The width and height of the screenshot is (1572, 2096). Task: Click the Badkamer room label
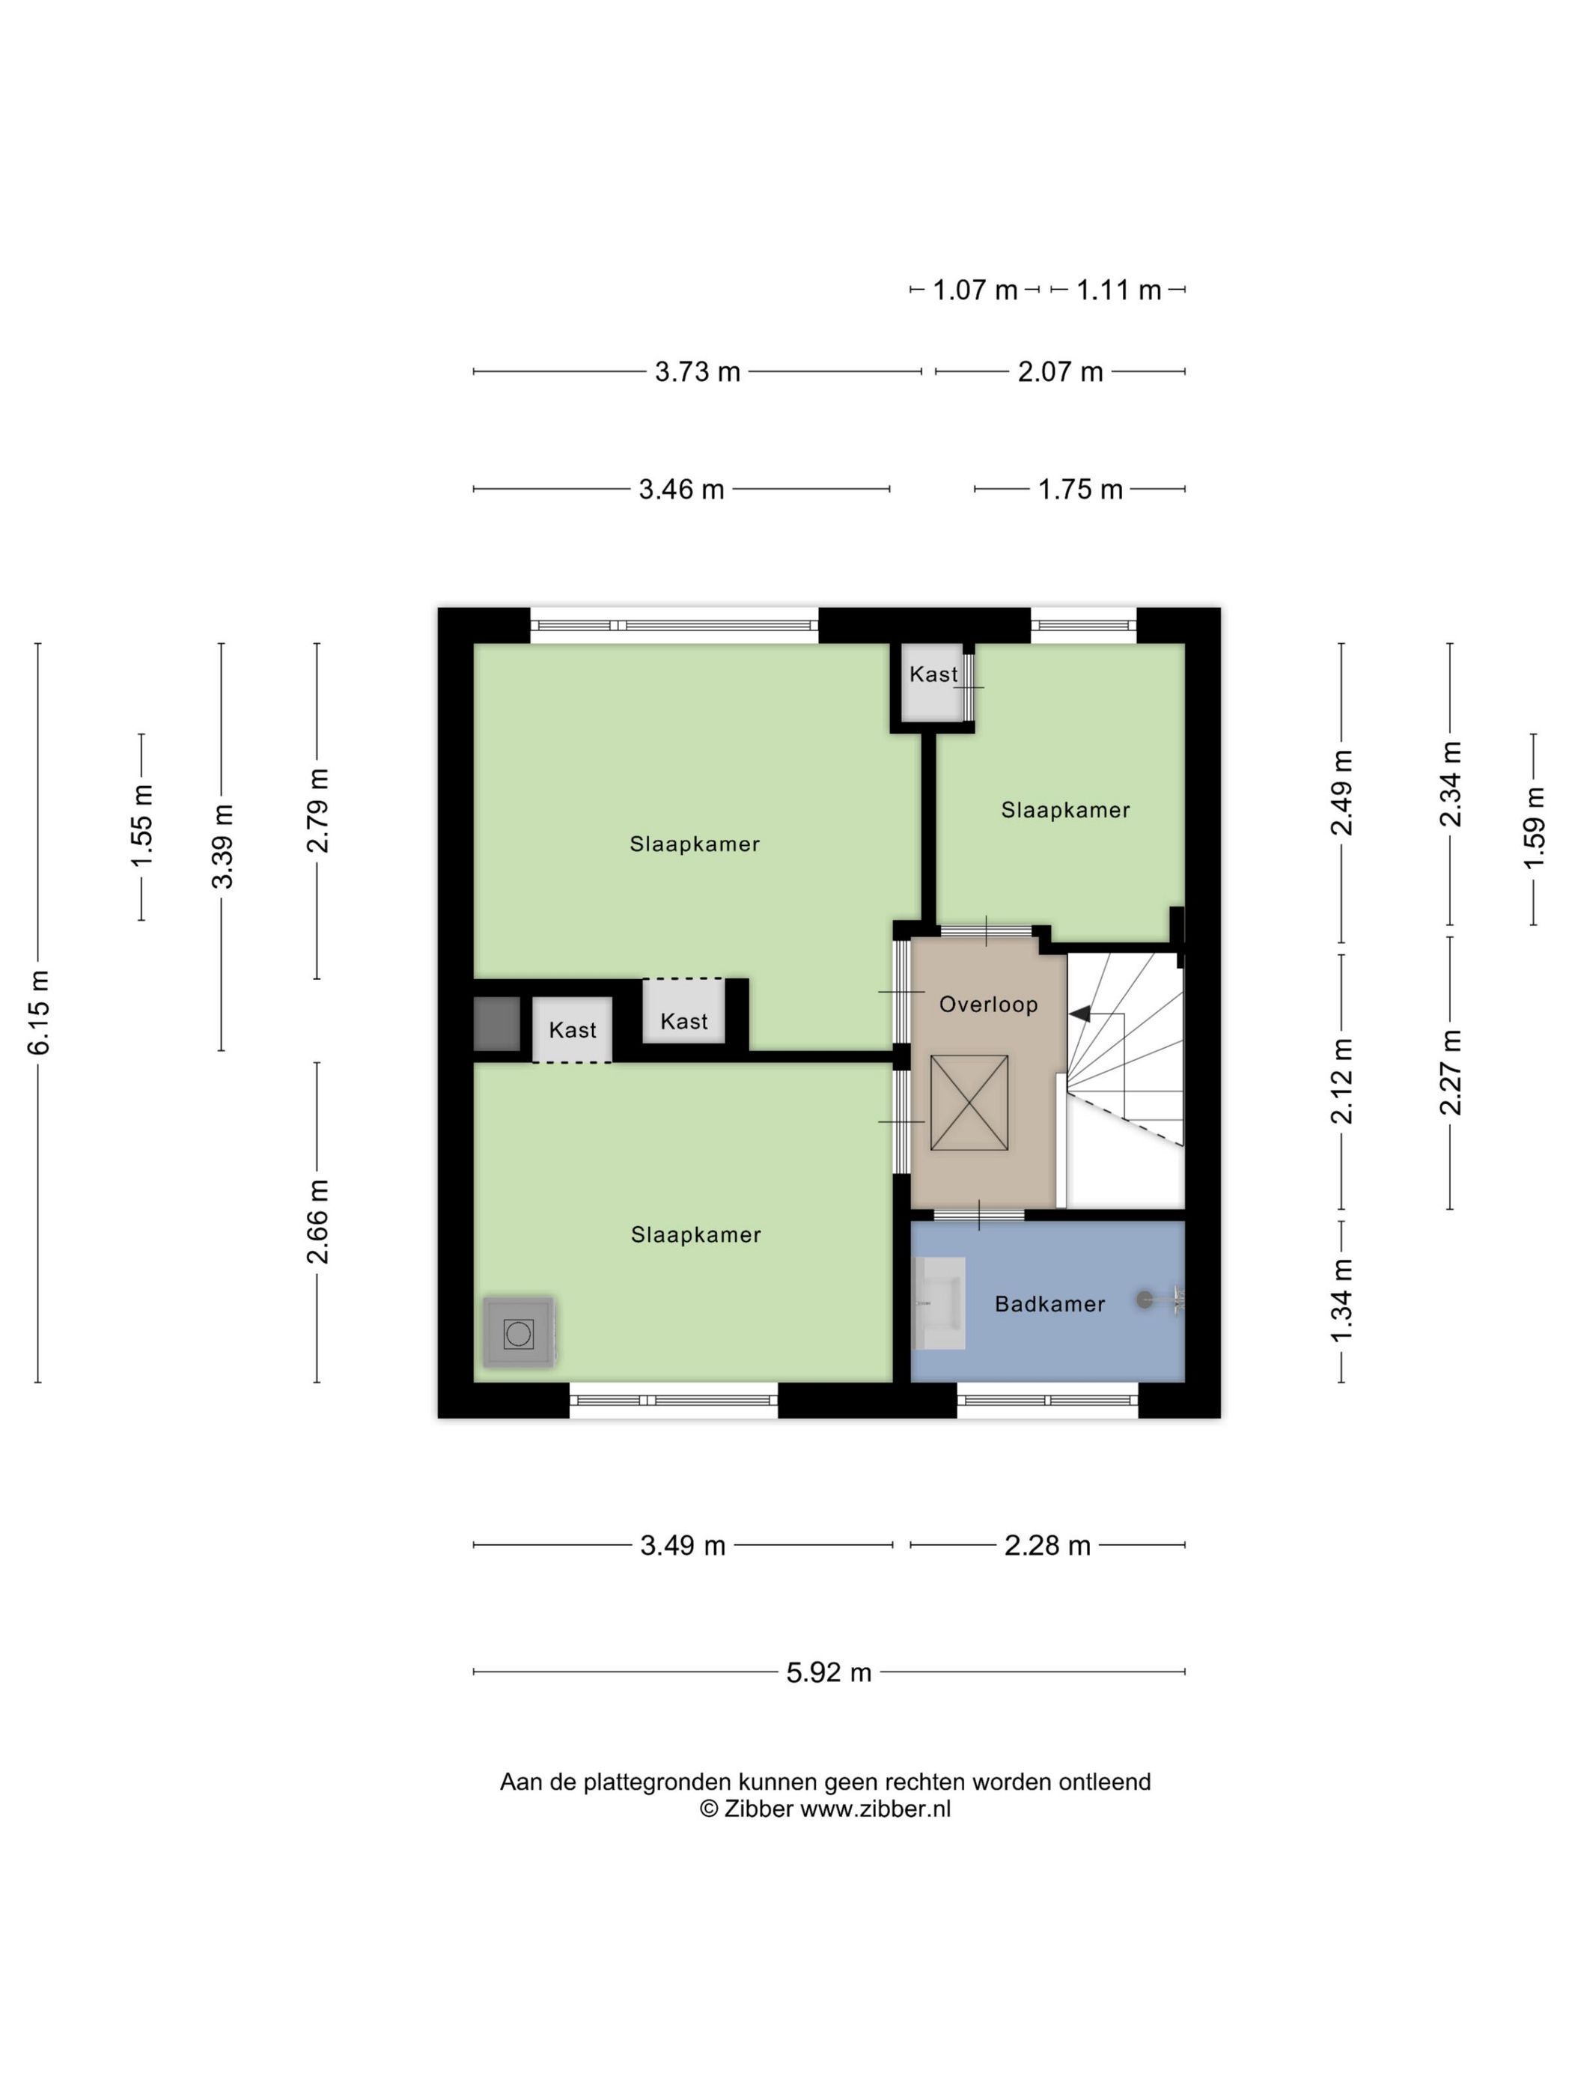(1049, 1304)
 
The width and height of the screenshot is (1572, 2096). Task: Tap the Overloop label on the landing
(988, 1005)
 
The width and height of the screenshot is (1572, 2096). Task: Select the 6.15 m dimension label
(39, 1012)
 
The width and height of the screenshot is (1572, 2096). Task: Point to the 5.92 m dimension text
(828, 1672)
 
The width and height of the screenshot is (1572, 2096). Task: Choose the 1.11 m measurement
(1118, 290)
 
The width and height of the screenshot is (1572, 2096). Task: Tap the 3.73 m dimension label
(698, 371)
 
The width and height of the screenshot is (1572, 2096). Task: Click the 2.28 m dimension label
(1047, 1546)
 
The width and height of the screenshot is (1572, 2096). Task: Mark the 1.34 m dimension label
(1341, 1300)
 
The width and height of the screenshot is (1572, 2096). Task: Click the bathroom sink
(939, 1304)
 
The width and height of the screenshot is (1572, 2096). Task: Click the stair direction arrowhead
(1079, 1015)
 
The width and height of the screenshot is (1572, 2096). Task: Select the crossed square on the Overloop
(969, 1103)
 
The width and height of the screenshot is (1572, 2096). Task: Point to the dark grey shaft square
(496, 1023)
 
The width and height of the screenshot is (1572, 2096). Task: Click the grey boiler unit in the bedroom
(518, 1332)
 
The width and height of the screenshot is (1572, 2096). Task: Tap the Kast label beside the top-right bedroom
(933, 674)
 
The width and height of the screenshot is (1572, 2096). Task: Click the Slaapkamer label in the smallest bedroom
(1065, 810)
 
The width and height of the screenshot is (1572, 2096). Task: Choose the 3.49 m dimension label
(682, 1546)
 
